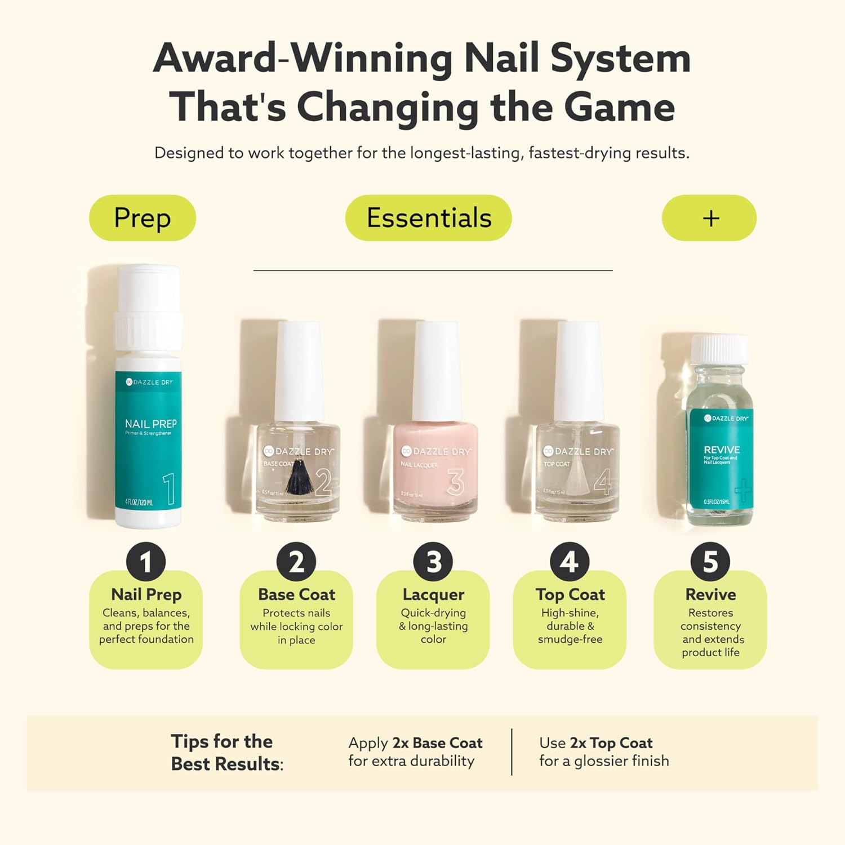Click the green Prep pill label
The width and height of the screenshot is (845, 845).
143,218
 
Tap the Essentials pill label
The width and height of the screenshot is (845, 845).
428,218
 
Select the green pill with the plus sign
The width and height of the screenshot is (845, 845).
709,218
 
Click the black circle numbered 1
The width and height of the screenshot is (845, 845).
146,562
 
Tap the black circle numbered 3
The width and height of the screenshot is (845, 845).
433,562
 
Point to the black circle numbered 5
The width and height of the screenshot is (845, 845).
710,562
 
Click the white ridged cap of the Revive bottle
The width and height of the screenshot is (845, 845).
719,349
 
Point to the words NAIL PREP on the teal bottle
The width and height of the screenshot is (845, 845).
150,424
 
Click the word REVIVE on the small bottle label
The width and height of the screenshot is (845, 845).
722,450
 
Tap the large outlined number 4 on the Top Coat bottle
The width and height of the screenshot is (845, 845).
602,482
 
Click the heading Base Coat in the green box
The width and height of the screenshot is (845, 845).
296,594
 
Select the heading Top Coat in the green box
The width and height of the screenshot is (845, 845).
570,594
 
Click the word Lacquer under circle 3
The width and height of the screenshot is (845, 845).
433,594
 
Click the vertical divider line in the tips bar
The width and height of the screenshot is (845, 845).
512,752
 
